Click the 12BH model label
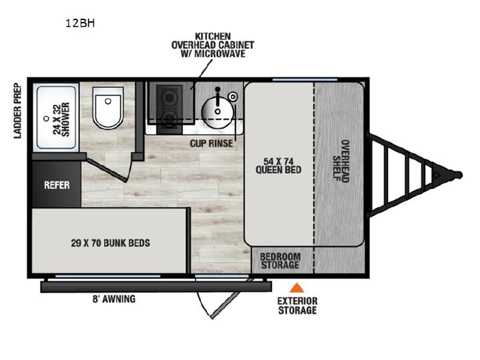tap(80, 23)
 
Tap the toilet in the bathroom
tap(108, 108)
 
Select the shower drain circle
tap(46, 119)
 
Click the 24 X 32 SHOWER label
tap(61, 119)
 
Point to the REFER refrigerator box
tap(57, 184)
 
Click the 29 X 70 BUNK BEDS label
tap(111, 243)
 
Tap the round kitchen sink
tap(217, 111)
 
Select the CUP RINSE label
tap(211, 143)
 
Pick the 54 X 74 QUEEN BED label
tap(278, 165)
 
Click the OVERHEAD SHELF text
tap(341, 161)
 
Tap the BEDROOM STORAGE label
tap(280, 261)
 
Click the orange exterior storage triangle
tap(296, 288)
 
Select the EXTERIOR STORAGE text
tap(297, 305)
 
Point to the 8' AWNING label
tap(114, 299)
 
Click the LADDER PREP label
tap(18, 111)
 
